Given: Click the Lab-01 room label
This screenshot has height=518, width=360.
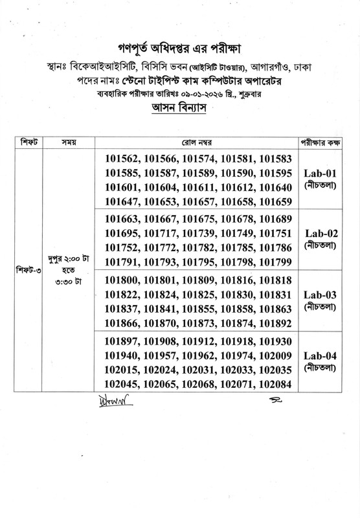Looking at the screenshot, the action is [x=321, y=174].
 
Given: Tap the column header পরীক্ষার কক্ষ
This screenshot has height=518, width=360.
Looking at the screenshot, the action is [x=321, y=141].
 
